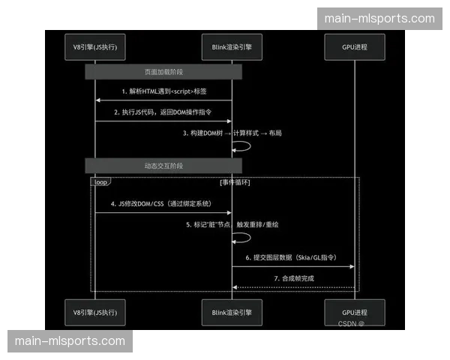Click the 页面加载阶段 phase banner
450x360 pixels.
click(x=163, y=72)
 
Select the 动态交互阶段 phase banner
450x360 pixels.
click(x=163, y=164)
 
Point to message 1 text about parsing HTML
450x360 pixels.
click(x=163, y=91)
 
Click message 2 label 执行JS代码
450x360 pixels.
click(x=163, y=112)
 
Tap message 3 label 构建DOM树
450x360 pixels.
click(x=233, y=133)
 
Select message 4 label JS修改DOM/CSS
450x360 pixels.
click(x=163, y=203)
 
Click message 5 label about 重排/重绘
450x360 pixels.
click(x=232, y=224)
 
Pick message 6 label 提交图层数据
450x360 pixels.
click(x=293, y=257)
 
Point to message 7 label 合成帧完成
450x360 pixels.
click(x=293, y=278)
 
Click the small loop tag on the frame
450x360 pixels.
click(x=100, y=182)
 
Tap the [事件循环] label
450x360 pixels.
click(x=235, y=182)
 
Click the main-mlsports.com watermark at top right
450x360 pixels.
click(x=379, y=19)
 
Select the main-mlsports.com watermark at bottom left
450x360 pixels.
click(x=70, y=341)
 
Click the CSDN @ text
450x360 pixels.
click(x=351, y=324)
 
